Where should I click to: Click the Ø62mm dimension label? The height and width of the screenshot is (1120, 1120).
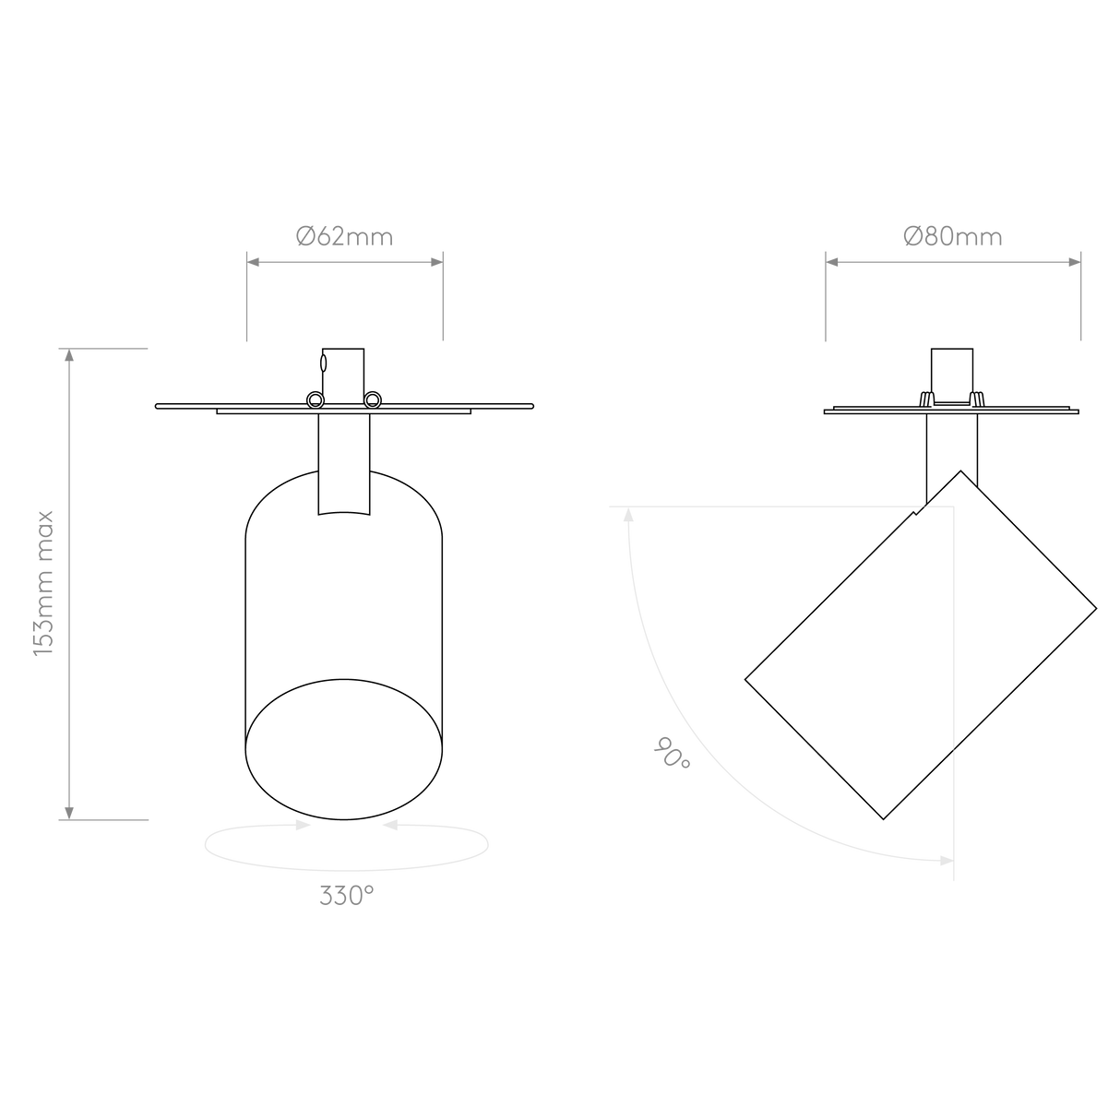(344, 237)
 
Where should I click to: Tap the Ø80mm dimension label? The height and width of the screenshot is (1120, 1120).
(952, 237)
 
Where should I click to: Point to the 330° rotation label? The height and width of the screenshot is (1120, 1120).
(347, 897)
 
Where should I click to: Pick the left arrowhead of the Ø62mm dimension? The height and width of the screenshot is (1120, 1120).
(254, 263)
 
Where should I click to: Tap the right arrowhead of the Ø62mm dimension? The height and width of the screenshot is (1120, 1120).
(435, 263)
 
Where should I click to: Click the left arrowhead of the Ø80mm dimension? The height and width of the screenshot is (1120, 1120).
(833, 263)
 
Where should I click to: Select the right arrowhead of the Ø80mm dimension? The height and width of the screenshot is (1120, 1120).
(1073, 263)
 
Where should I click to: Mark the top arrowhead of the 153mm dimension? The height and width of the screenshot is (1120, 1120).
(68, 357)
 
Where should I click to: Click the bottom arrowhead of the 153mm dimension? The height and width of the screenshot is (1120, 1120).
(68, 811)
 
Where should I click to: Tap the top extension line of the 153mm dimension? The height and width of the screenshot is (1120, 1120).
(106, 349)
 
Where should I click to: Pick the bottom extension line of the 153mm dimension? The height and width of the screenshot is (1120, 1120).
(106, 819)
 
